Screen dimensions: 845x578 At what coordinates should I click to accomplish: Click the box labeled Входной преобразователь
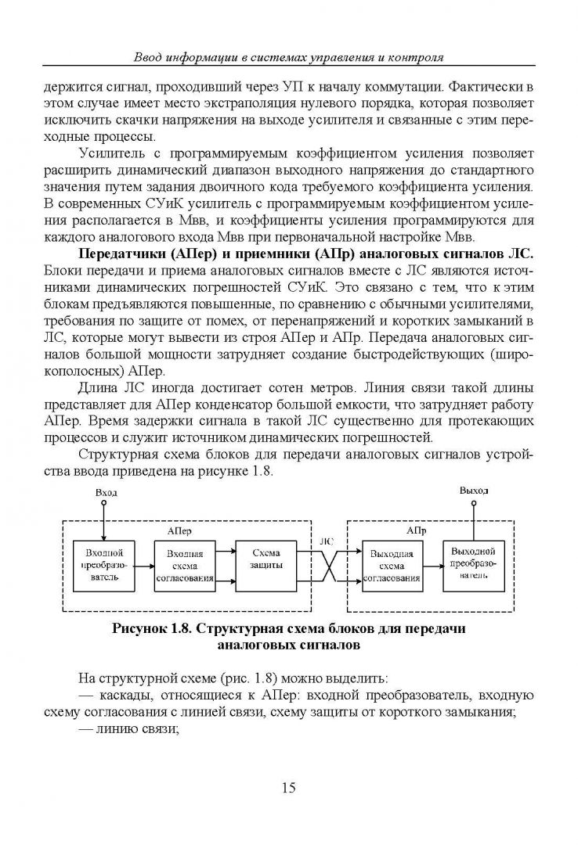point(99,565)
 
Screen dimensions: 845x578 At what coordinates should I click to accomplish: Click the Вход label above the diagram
point(106,493)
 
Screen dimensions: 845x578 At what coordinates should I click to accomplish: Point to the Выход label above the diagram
point(474,491)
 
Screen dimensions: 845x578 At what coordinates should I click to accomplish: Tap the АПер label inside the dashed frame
point(179,530)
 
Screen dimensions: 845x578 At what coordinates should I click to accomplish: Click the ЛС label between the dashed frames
point(327,541)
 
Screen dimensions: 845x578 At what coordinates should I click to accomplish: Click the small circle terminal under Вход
point(102,505)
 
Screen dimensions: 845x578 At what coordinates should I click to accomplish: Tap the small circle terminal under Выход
point(473,503)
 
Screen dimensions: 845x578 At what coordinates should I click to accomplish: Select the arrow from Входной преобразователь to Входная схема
point(143,566)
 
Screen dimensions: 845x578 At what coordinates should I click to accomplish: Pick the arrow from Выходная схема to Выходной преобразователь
point(432,566)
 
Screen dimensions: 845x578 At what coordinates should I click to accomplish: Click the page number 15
point(288,788)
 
